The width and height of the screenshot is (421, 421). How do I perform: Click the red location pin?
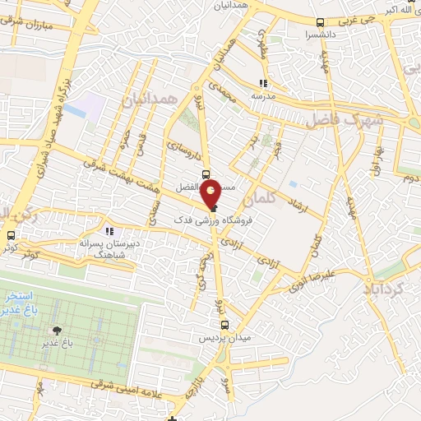(x=211, y=194)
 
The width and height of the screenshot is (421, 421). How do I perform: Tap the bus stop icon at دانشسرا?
(x=320, y=22)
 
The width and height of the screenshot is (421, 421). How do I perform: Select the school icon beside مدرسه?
(x=263, y=83)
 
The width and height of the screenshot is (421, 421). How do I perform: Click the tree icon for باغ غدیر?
(x=57, y=331)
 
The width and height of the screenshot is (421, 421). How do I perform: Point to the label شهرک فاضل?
(x=345, y=120)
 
